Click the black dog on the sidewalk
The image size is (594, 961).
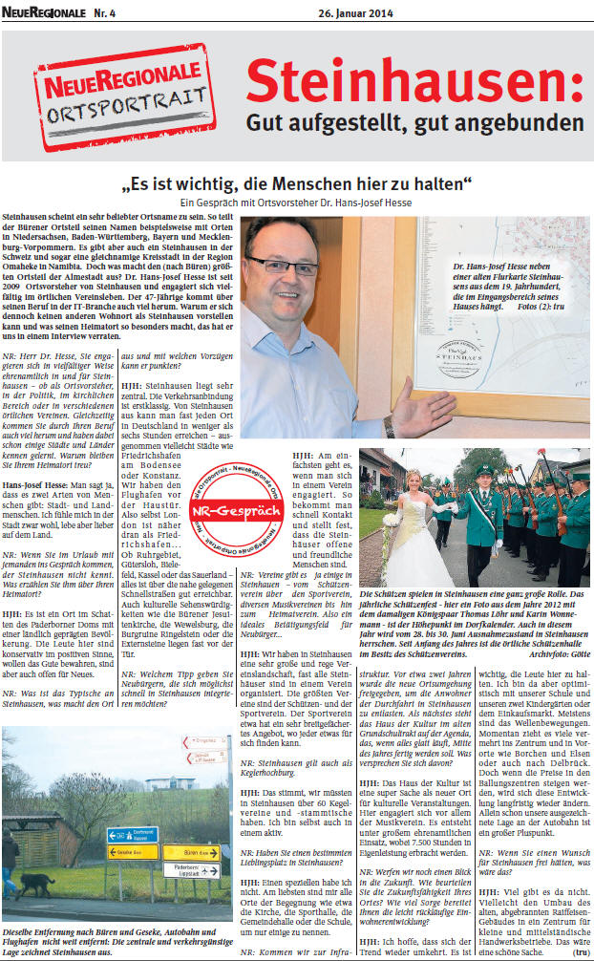33,885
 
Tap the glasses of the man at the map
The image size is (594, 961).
284,264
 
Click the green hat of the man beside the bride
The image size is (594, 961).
483,470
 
